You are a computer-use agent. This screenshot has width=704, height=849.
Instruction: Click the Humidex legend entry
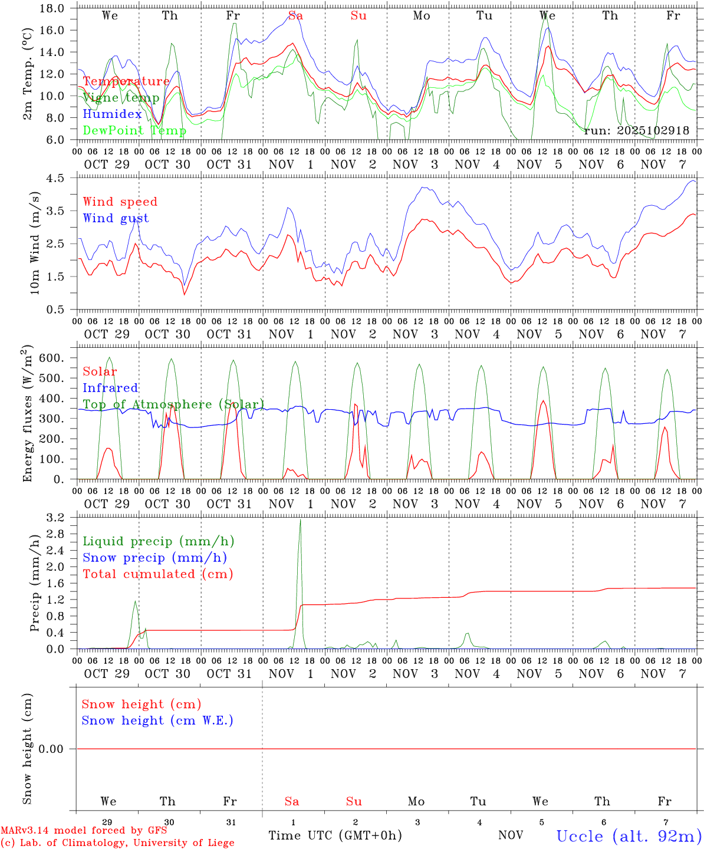tap(112, 114)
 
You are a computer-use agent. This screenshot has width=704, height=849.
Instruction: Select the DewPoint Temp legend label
tap(134, 130)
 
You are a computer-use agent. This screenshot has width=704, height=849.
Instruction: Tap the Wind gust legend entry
tap(116, 218)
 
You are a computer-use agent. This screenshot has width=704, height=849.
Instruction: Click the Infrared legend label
tap(110, 388)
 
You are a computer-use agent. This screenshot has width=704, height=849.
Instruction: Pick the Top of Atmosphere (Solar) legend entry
tap(173, 404)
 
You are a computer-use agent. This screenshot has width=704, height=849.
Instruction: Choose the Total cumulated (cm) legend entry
tap(157, 574)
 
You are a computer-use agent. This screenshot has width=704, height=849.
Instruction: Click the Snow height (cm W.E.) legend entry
tap(157, 720)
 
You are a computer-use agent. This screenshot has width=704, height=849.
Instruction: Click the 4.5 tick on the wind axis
tap(58, 178)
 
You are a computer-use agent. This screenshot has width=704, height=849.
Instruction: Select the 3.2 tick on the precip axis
tap(58, 518)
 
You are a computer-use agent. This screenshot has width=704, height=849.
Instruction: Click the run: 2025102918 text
tap(636, 130)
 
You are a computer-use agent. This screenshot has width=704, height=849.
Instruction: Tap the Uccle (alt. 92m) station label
tap(629, 836)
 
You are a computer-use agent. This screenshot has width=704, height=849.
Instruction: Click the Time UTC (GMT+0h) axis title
tap(335, 835)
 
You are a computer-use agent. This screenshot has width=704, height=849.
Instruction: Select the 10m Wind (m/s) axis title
tap(35, 242)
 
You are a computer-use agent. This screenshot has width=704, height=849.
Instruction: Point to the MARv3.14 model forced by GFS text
tap(84, 830)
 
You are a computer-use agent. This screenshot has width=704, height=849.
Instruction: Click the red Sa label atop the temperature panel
tap(295, 16)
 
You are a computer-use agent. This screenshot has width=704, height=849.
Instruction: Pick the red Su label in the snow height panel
tap(354, 801)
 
